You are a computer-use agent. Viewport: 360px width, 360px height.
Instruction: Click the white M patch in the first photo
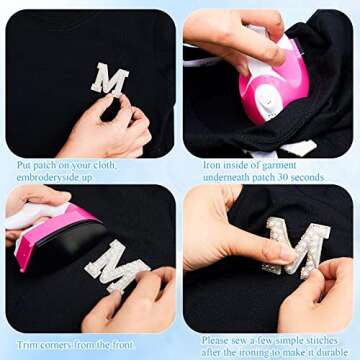click(110, 80)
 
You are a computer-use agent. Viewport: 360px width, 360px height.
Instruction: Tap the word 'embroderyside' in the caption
click(44, 177)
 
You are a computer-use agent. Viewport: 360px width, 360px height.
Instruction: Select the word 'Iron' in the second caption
click(211, 165)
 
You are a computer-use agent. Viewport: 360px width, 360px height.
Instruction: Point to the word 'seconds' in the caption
click(307, 177)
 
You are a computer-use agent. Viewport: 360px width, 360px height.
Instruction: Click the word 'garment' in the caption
click(279, 165)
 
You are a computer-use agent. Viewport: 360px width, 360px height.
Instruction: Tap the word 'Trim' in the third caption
click(26, 345)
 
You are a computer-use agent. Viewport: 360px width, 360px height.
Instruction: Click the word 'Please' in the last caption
click(215, 341)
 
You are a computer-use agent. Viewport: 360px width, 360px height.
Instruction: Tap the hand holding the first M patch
click(110, 128)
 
